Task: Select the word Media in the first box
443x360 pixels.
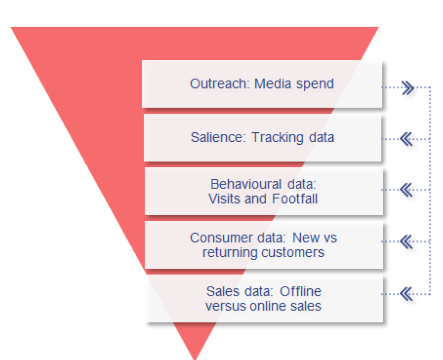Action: click(x=273, y=83)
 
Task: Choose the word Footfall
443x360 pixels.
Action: click(x=295, y=199)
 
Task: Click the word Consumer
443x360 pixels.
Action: click(x=215, y=238)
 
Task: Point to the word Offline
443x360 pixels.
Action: click(x=300, y=291)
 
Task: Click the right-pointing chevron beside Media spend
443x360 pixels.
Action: click(x=408, y=88)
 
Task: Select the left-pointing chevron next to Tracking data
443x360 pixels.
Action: click(x=406, y=139)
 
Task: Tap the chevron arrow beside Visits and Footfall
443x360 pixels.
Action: click(x=406, y=190)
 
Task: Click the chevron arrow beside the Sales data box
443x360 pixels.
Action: click(x=406, y=294)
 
